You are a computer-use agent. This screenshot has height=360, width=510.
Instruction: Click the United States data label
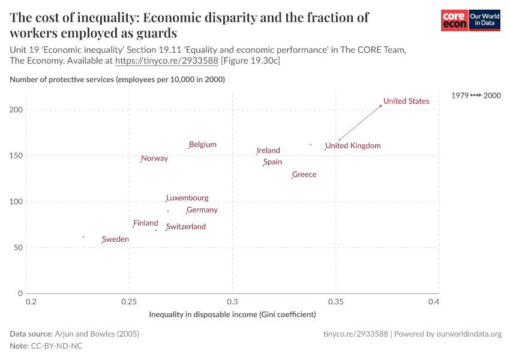point(406,101)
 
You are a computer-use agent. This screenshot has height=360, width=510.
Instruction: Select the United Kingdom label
point(353,145)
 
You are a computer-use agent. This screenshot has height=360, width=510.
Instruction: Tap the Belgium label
point(202,145)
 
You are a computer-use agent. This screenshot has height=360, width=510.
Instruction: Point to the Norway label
point(154,158)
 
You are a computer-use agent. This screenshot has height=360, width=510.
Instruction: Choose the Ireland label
point(268,151)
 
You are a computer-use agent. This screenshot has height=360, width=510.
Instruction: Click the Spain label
point(272,162)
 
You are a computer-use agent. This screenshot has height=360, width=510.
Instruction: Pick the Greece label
point(304,175)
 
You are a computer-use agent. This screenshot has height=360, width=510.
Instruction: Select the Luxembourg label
point(187,198)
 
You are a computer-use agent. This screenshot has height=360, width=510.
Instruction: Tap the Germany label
point(202,210)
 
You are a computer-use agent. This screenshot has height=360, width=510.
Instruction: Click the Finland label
point(146,223)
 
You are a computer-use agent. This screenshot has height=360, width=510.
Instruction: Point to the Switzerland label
point(186,227)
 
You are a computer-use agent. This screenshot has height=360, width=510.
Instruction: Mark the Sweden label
point(115,239)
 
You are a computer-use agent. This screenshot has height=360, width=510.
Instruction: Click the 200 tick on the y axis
point(16,110)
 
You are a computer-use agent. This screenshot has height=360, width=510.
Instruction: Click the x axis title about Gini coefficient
point(232,314)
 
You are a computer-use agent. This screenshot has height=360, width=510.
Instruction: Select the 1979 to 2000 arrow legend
point(476,95)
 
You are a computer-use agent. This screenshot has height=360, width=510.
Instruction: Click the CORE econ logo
point(454,20)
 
